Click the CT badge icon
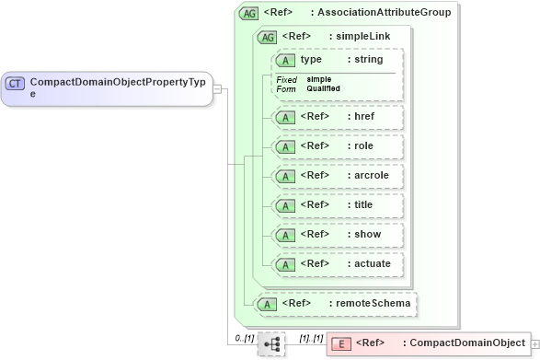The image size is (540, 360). pos(15,83)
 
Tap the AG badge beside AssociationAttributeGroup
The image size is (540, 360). pos(248,13)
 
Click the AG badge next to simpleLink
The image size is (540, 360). pos(267,37)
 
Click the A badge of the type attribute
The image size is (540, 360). pos(286,60)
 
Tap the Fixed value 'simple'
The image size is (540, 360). pos(319,79)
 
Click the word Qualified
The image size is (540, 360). pos(324,88)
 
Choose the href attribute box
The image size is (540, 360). pos(338,117)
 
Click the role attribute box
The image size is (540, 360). pos(338,146)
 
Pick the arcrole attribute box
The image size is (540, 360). pos(338,175)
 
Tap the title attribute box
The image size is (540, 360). pos(338,204)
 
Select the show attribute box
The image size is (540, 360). pos(338,234)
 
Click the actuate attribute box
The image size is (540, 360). pos(338,263)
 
